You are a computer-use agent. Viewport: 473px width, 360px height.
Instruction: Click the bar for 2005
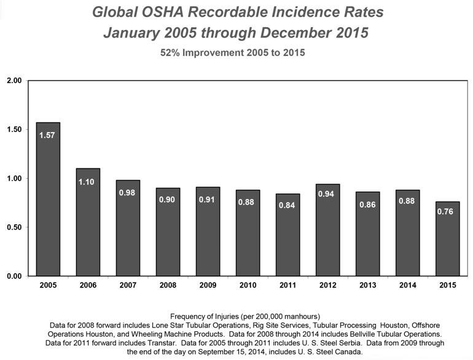(x=47, y=203)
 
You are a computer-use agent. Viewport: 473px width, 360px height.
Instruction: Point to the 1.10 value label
(x=87, y=181)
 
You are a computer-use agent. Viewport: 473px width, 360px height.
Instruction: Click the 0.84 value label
(x=287, y=205)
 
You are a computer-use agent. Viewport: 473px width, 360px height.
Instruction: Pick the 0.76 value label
(x=447, y=213)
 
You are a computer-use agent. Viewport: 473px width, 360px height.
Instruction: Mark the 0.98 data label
(x=127, y=193)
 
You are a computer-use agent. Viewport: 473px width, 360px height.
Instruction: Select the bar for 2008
(x=167, y=233)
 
